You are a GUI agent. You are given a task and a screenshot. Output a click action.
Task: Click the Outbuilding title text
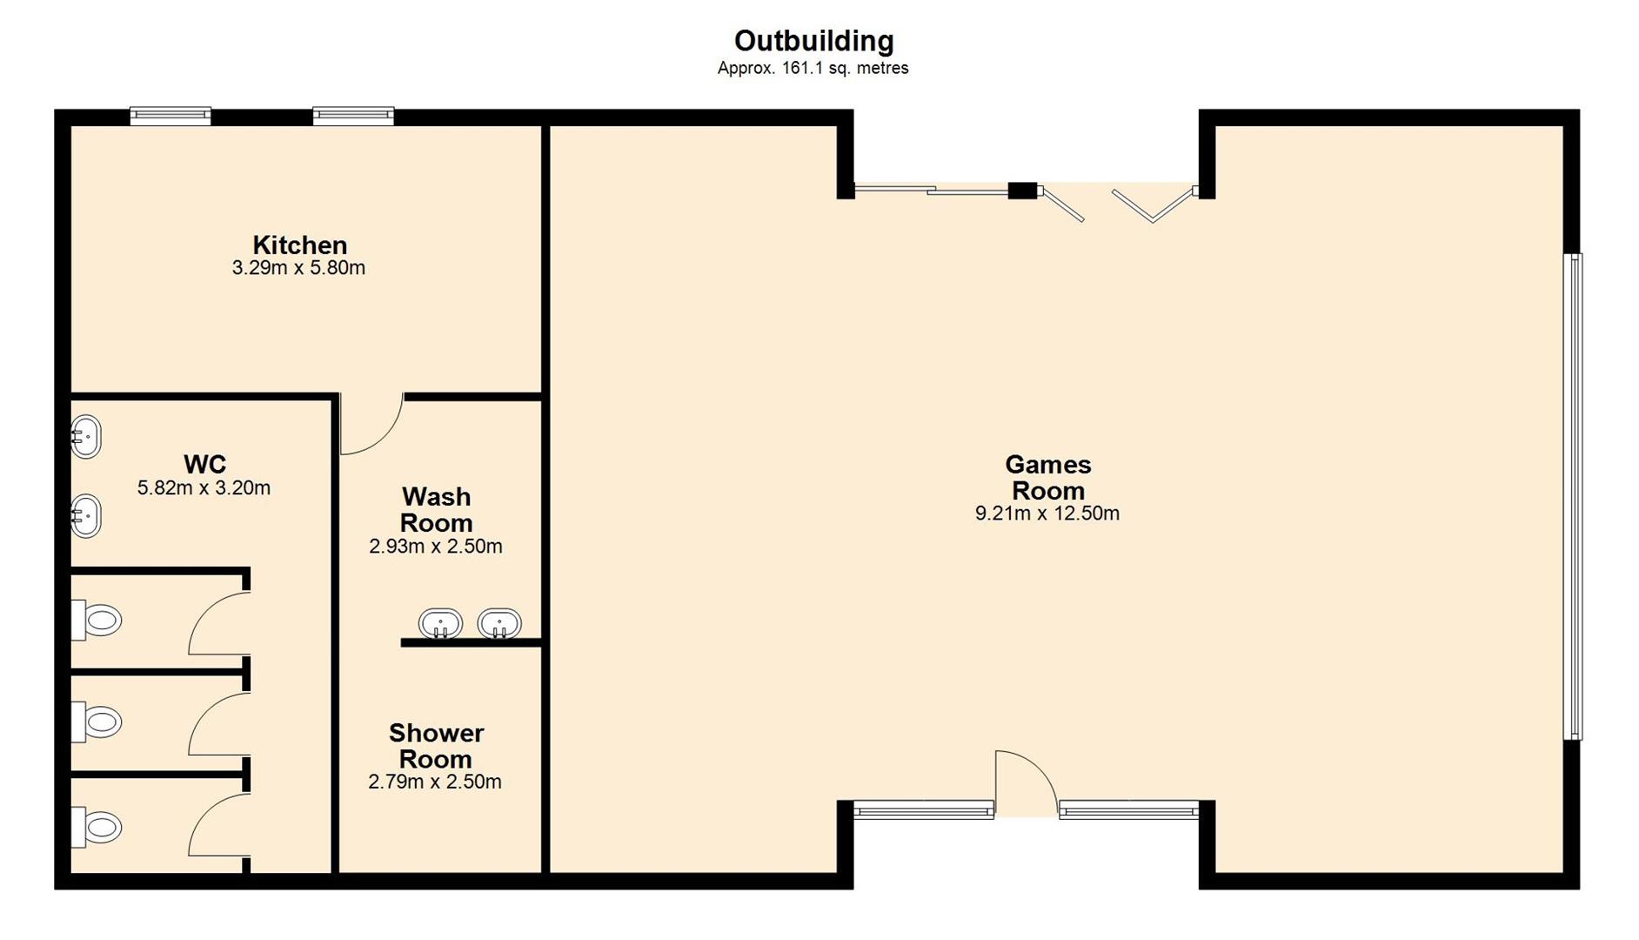point(813,41)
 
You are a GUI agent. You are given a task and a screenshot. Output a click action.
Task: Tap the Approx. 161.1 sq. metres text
point(813,68)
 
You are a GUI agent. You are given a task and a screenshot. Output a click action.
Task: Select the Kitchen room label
point(299,245)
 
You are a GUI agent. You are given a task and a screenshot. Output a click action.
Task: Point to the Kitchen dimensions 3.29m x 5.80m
point(298,268)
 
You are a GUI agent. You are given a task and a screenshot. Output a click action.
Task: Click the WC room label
point(204,464)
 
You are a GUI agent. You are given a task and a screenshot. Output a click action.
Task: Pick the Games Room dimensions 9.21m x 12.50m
point(1047,514)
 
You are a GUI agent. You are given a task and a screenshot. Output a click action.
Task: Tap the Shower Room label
point(436,746)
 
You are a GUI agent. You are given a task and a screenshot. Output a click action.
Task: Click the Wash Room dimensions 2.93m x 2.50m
point(435,547)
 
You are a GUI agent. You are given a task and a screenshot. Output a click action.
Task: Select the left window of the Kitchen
point(171,116)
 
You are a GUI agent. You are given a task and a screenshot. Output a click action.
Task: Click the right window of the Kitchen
point(353,116)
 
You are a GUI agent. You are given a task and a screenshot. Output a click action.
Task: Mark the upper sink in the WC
point(86,436)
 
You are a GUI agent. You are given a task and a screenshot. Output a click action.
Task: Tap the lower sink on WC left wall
point(86,515)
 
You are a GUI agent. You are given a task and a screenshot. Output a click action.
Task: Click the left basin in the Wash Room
point(440,623)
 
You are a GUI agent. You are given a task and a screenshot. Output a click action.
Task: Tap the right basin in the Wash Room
point(499,623)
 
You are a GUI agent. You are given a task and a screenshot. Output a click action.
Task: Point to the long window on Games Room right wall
point(1572,496)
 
